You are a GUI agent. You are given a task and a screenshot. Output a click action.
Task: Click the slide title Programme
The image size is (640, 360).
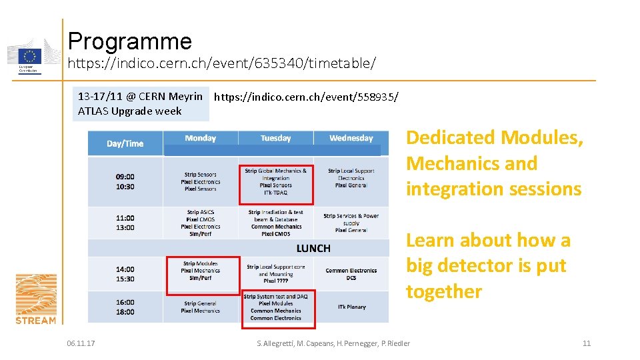[x=129, y=41]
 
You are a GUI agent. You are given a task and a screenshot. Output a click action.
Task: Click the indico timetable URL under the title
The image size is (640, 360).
[x=222, y=64]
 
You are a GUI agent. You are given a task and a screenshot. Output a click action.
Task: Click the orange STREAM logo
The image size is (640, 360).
[x=36, y=299]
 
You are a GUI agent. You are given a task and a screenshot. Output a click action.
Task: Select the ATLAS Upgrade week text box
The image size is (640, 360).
[x=140, y=103]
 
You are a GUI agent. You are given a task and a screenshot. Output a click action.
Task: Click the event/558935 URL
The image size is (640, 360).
[x=307, y=97]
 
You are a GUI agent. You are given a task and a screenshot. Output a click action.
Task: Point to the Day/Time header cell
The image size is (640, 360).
[x=125, y=143]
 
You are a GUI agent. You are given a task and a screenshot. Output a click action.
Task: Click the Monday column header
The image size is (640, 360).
[x=201, y=138]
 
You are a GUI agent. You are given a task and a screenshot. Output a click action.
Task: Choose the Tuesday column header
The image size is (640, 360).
[x=275, y=138]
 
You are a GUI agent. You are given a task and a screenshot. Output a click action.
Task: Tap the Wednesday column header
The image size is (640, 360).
[x=351, y=138]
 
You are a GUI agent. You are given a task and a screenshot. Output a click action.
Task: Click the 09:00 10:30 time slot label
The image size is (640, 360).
[x=125, y=181]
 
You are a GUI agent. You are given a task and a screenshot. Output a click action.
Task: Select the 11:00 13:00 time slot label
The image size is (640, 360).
[x=125, y=222]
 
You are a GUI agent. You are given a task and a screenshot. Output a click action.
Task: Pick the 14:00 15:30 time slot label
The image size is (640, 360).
[x=125, y=274]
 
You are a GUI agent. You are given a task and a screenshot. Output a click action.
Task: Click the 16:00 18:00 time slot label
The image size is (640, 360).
[x=125, y=307]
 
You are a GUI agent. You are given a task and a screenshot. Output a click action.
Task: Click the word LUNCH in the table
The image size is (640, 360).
[x=313, y=248]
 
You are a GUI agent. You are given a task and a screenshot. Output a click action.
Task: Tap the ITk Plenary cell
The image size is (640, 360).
[x=351, y=307]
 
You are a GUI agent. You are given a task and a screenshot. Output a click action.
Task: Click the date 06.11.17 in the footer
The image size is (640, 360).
[x=81, y=343]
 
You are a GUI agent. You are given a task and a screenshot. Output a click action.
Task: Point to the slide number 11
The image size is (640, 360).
[x=587, y=343]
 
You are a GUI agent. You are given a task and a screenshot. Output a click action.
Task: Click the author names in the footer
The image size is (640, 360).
[x=333, y=343]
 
